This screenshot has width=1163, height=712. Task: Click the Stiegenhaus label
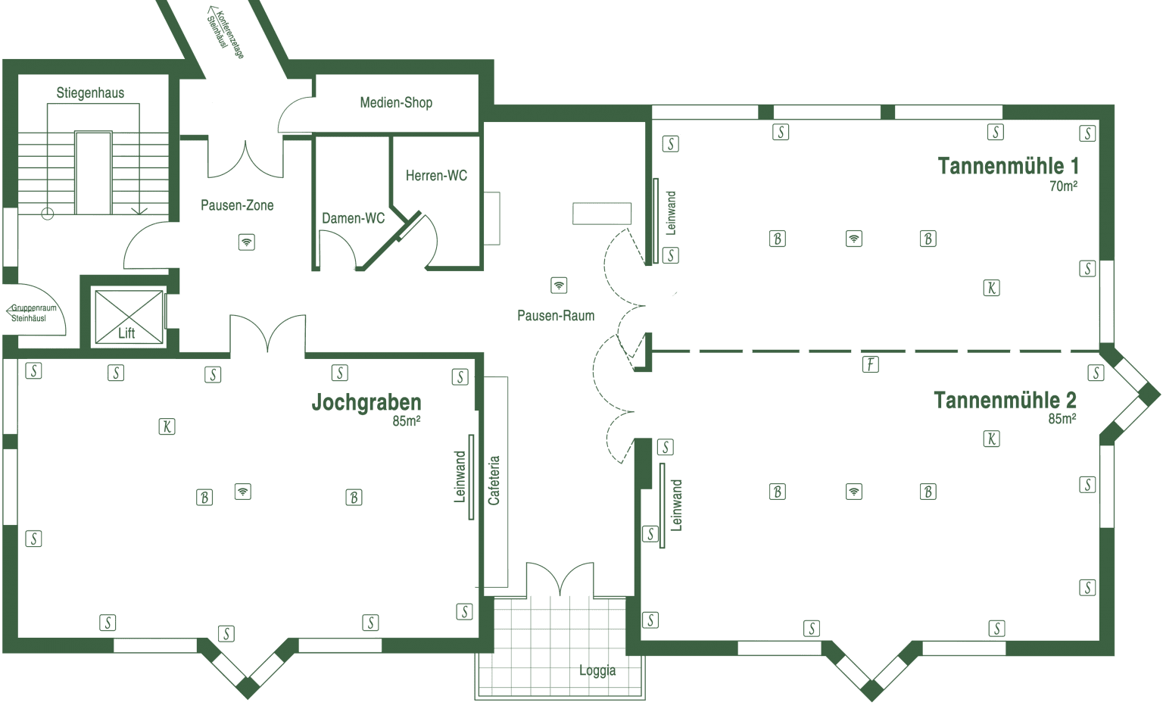point(90,93)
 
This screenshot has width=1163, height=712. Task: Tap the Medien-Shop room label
point(396,102)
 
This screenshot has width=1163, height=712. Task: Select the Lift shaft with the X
point(129,317)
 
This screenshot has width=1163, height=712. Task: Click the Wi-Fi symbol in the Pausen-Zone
point(247,242)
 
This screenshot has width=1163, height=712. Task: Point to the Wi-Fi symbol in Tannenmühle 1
point(854,239)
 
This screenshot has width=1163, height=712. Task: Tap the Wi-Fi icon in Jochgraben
point(243,492)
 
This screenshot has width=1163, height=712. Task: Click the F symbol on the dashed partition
point(871,364)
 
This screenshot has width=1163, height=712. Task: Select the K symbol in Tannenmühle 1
point(992,288)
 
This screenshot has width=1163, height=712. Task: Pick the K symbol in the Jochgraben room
point(167,426)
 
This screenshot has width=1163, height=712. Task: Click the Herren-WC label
point(436,176)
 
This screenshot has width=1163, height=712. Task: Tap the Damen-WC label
point(353,218)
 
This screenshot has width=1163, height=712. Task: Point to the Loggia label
point(597,670)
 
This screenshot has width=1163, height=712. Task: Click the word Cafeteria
point(494,480)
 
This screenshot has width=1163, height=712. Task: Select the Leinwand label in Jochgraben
point(460,476)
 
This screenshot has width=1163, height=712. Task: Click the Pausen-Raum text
point(556,315)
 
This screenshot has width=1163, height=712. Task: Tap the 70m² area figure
point(1063,186)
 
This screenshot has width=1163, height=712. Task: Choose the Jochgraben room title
point(366,402)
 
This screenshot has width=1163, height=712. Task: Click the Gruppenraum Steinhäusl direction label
point(33,313)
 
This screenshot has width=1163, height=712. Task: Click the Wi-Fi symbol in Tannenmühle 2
point(854,492)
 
